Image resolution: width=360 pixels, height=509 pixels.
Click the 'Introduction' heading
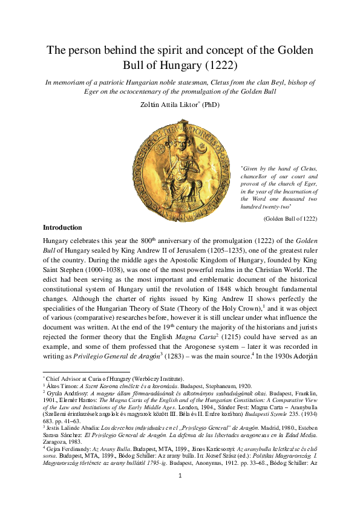point(62,227)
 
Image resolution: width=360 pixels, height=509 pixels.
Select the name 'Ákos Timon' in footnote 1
point(61,385)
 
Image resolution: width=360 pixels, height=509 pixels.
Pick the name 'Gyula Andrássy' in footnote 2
point(67,392)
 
